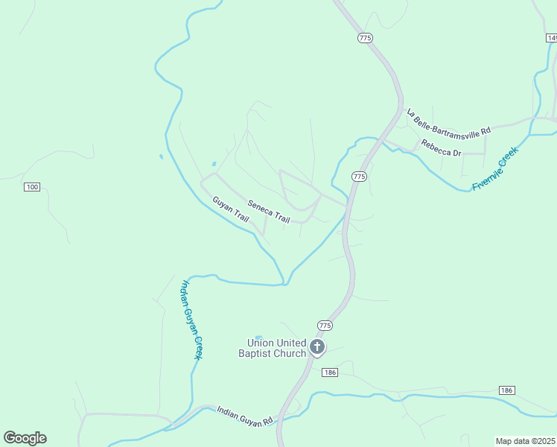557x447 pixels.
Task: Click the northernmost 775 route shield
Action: point(365,37)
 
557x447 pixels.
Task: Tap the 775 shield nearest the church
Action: point(325,326)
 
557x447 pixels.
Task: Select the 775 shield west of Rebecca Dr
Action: point(360,177)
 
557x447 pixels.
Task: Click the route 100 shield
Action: point(31,186)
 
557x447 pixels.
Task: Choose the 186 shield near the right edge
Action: point(506,390)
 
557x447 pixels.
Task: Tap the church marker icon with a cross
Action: point(318,347)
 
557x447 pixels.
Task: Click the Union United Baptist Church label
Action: point(272,348)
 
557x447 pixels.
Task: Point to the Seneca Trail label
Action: point(268,211)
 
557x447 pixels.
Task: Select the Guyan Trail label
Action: point(231,209)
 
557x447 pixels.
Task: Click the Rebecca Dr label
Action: point(442,148)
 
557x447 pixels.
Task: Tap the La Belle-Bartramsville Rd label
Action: point(449,122)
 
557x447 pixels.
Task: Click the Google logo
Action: point(25,438)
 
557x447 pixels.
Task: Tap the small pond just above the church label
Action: point(258,337)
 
